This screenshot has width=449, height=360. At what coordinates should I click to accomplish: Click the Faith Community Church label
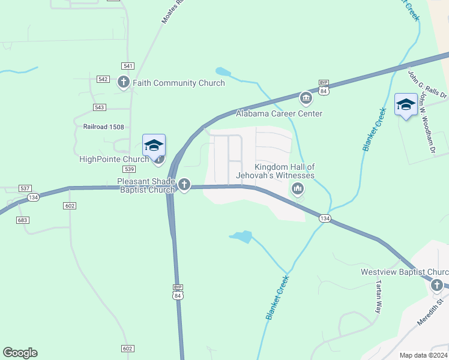point(178,83)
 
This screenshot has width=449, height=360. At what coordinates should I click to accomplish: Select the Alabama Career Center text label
point(279,113)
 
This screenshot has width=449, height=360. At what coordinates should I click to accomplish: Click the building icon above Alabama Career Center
point(306,98)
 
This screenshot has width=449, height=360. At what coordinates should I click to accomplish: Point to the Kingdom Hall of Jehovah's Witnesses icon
point(297,189)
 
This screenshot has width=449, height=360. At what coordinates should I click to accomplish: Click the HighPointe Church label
point(114,159)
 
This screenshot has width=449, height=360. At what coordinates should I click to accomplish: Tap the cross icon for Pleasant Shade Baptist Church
point(184,185)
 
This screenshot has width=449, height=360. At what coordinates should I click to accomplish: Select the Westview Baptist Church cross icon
point(438,285)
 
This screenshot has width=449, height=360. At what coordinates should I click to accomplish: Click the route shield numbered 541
point(127,66)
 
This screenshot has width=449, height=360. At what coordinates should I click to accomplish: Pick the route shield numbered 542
point(103,79)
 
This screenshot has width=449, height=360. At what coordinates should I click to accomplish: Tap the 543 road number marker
point(100,107)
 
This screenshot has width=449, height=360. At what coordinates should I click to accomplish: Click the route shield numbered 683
point(23,220)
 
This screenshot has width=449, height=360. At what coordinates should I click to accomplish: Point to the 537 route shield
point(25,188)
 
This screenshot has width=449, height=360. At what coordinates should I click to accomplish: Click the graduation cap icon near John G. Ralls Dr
point(406,105)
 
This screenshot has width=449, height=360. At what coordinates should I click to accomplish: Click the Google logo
point(20,353)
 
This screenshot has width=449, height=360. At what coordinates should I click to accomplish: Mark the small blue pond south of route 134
point(242,236)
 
